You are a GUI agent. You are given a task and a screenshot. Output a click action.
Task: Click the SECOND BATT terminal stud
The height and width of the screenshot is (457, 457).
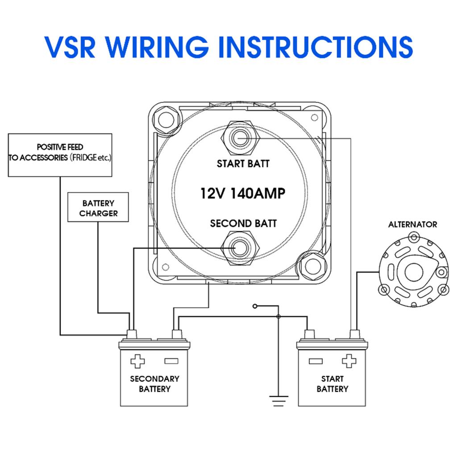pyautogui.click(x=239, y=248)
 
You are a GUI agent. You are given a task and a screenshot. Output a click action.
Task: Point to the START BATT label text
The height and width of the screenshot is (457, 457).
pyautogui.click(x=243, y=164)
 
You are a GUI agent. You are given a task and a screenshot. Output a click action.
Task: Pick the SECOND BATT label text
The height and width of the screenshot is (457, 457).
pyautogui.click(x=243, y=223)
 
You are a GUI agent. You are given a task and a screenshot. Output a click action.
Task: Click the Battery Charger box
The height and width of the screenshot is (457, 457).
pyautogui.click(x=99, y=208)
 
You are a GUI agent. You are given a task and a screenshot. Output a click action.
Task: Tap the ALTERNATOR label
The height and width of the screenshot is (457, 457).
pyautogui.click(x=412, y=224)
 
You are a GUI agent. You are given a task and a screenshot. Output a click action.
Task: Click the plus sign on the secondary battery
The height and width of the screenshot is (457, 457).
pyautogui.click(x=138, y=361)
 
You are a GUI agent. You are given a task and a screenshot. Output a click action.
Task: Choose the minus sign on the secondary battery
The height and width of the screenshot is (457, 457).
pyautogui.click(x=171, y=361)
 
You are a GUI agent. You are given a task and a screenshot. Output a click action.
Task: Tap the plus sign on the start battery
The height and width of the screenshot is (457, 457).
pyautogui.click(x=349, y=361)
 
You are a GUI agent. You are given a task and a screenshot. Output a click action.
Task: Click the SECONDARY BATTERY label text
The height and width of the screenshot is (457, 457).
pyautogui.click(x=154, y=384)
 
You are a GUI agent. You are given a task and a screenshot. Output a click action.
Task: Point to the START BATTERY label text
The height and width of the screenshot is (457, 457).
pyautogui.click(x=332, y=384)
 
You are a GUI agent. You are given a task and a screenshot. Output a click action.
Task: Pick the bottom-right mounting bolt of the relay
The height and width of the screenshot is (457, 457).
pyautogui.click(x=312, y=266)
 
